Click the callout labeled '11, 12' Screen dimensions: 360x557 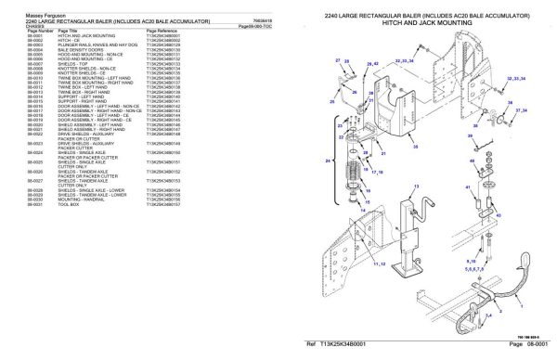(x=379, y=264)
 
